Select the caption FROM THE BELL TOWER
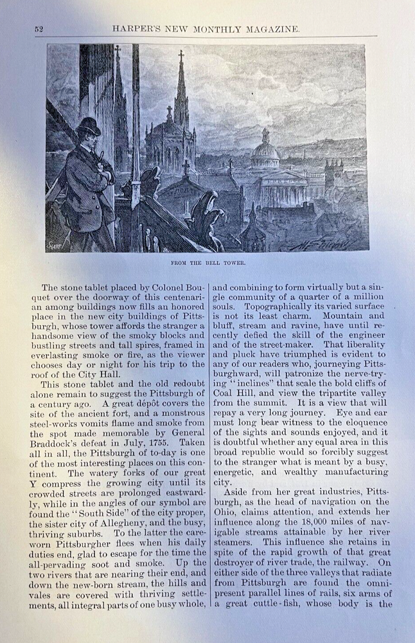click(x=208, y=263)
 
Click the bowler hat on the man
click(x=88, y=125)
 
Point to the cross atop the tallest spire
click(x=181, y=57)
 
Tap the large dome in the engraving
click(x=265, y=152)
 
